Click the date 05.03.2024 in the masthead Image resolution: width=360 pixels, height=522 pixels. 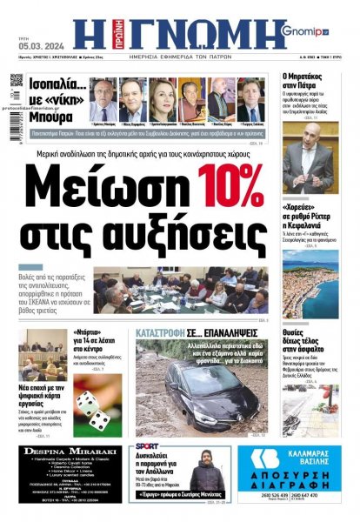point(33,38)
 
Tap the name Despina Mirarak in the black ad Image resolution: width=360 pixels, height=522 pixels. point(63,452)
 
